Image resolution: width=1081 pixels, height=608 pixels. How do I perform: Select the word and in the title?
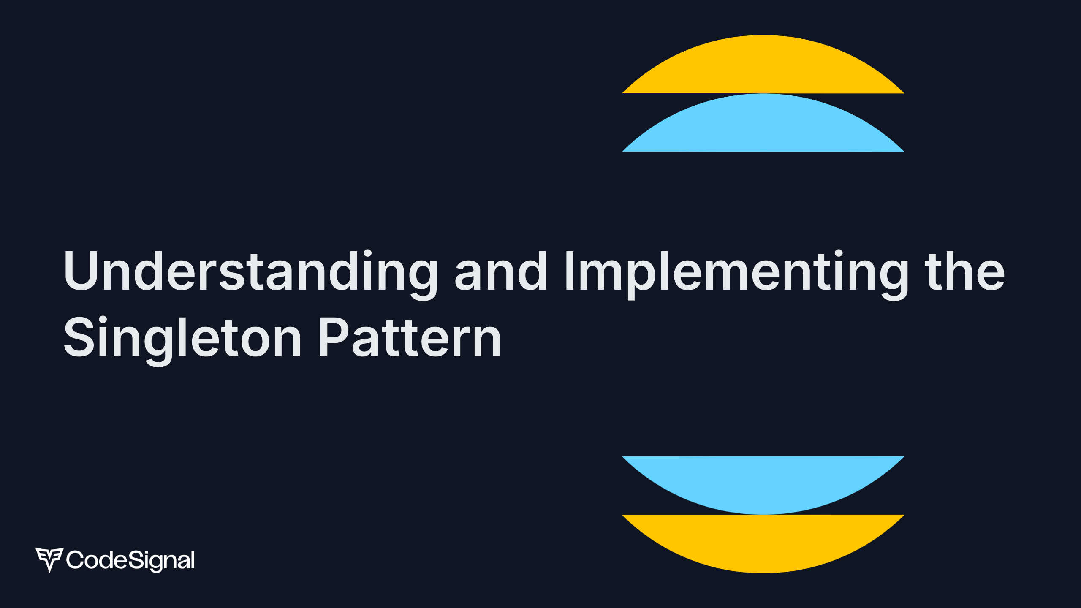500,271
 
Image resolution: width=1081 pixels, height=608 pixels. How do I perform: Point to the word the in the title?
964,271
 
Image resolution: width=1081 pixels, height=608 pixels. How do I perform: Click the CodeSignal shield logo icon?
49,560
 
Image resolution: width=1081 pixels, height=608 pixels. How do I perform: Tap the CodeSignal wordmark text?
130,560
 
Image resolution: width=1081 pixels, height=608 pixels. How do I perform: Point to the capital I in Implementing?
569,271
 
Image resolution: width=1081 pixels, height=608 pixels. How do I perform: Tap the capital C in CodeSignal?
75,560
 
